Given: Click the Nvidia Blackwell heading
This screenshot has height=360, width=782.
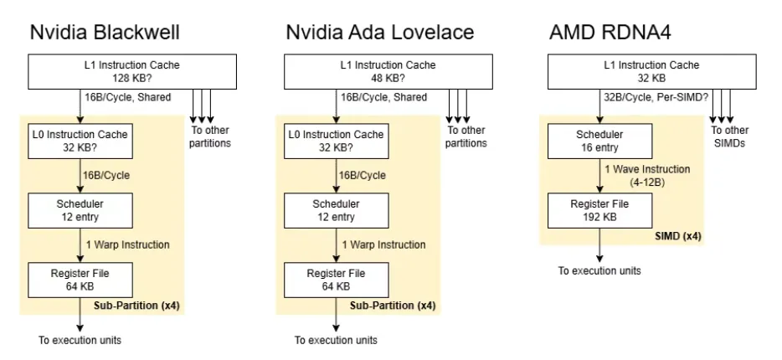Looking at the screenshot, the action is [105, 33].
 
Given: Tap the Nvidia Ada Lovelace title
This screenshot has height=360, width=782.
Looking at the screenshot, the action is [379, 33].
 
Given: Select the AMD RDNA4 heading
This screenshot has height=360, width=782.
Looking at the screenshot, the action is [610, 33].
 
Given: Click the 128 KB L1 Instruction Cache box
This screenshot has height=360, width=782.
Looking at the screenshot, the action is [132, 72].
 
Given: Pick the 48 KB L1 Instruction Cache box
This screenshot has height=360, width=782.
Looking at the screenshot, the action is [388, 72].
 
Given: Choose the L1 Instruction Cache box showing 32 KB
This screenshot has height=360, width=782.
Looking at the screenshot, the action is [652, 72].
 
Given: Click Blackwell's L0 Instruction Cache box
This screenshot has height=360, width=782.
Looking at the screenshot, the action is [80, 141].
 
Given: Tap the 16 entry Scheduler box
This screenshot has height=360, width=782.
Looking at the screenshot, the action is [600, 141].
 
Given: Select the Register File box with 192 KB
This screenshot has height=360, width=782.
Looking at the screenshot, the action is [600, 210].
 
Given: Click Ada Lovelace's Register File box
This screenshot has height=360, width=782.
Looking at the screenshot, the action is [337, 280].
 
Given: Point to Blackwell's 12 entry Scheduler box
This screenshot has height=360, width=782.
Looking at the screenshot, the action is [80, 210].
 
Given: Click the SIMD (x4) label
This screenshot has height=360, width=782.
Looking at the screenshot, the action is [678, 236].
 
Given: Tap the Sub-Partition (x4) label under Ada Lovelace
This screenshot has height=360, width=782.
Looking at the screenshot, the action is [393, 306].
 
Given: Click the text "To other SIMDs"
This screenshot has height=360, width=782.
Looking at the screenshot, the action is [729, 136].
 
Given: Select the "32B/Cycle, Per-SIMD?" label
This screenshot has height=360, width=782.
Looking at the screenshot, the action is [656, 98].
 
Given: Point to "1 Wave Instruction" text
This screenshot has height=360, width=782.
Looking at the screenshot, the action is [647, 169].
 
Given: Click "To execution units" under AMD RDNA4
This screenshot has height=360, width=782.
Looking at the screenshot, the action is [599, 270].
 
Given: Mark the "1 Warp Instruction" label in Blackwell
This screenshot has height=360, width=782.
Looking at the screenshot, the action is [127, 244].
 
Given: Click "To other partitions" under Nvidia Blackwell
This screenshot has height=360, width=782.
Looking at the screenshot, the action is [210, 136].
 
